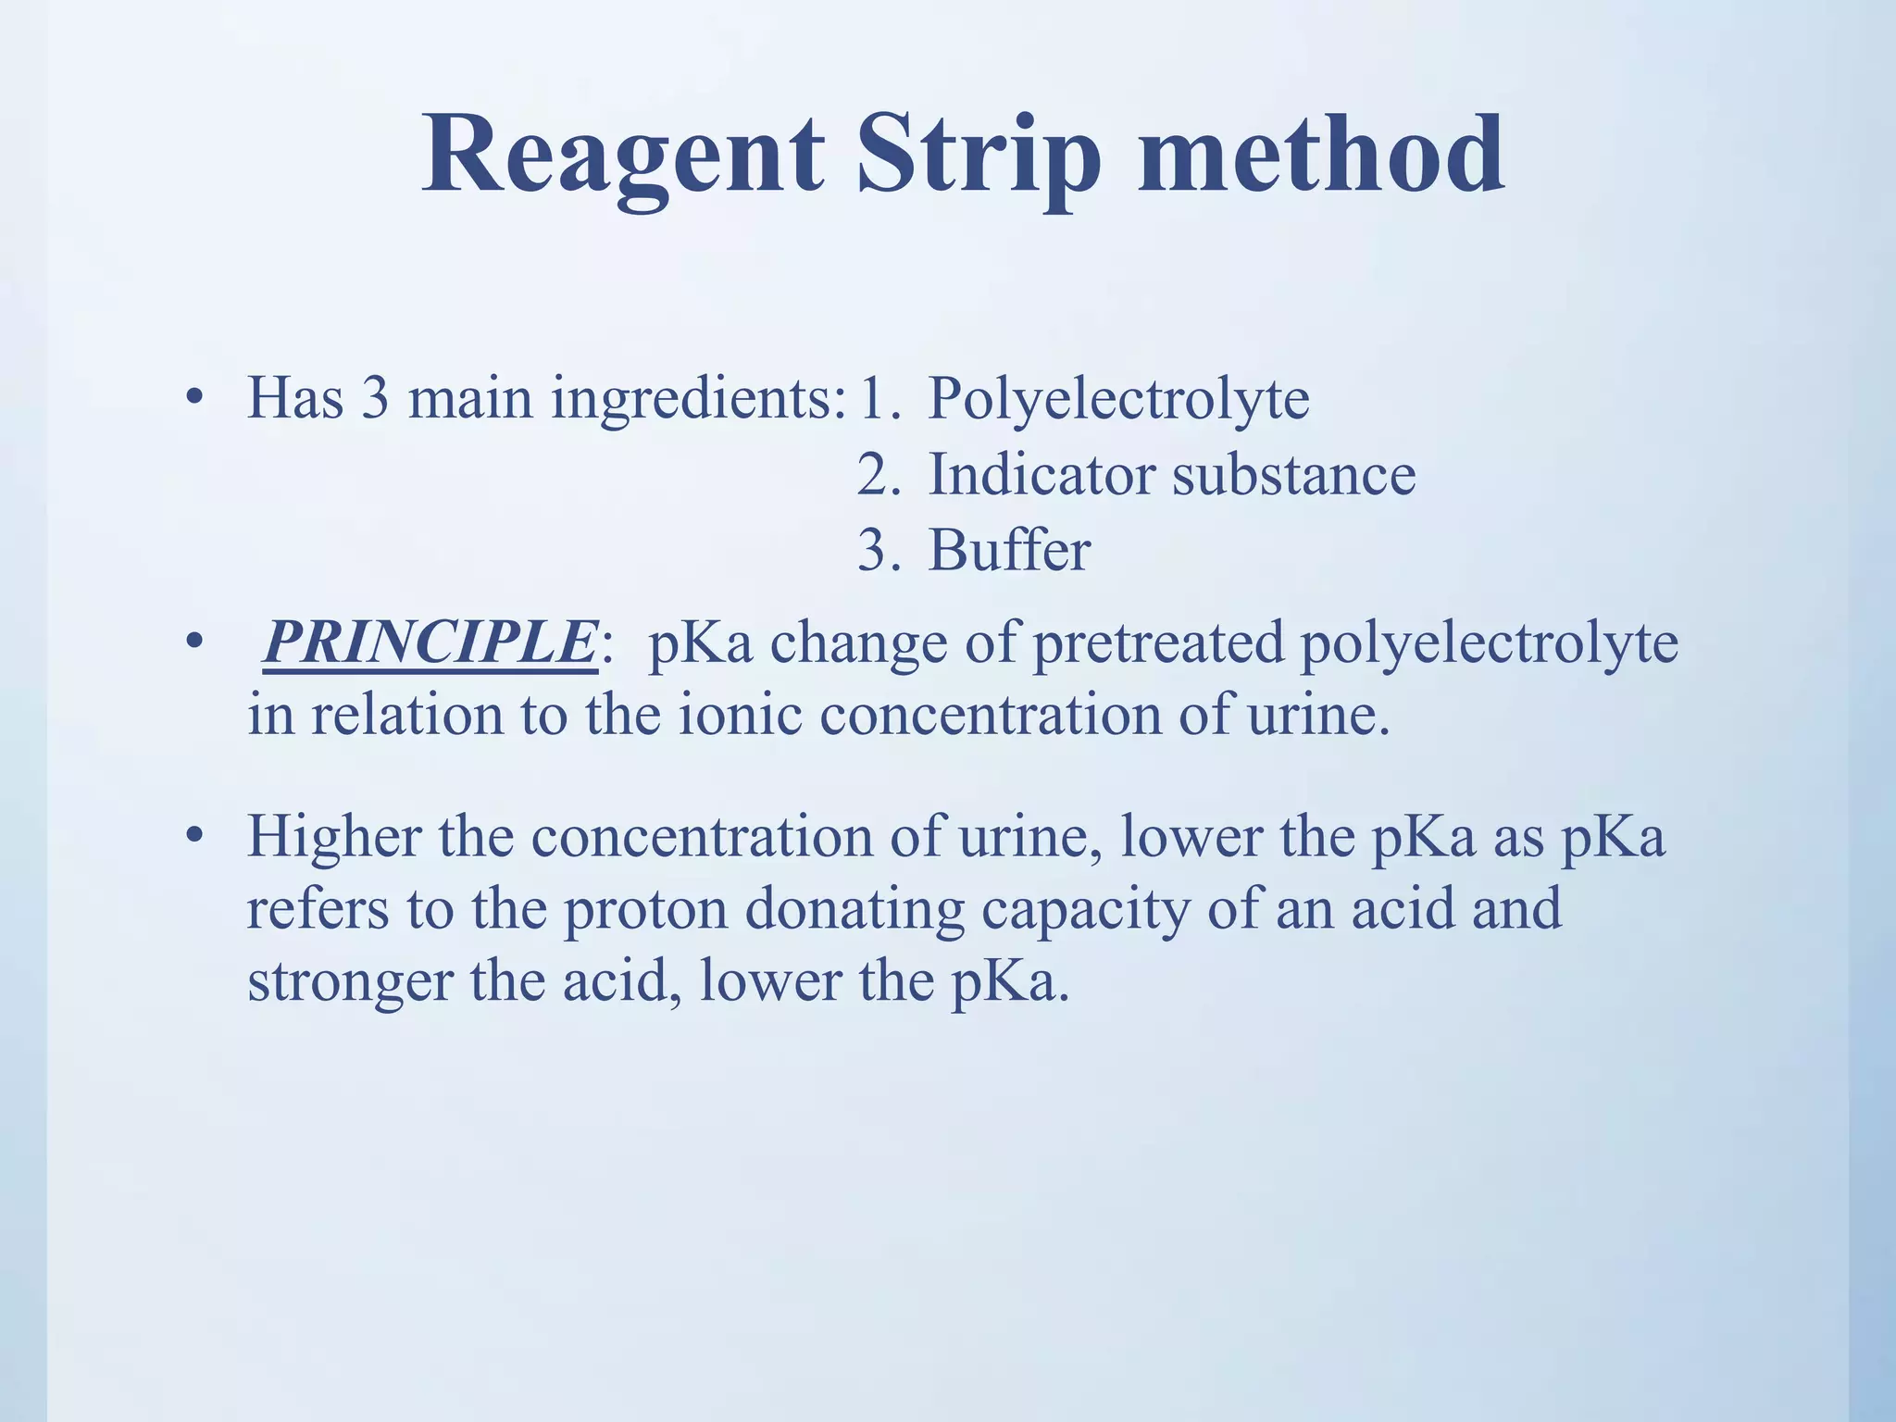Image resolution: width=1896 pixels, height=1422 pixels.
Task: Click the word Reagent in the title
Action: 622,156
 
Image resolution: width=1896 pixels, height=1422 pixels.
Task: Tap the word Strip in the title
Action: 979,156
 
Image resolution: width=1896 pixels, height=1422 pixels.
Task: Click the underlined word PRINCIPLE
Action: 430,642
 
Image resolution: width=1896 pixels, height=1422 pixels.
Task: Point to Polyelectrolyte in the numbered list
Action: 1118,399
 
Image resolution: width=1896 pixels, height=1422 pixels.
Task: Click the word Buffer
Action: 1009,550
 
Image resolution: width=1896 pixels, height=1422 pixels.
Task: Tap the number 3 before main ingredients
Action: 374,399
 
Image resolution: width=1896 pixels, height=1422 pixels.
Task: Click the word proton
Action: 645,910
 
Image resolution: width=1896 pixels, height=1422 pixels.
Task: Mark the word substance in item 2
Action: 1293,475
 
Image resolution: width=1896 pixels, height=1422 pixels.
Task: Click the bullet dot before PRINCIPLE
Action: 193,642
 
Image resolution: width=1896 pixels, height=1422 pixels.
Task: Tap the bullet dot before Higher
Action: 193,836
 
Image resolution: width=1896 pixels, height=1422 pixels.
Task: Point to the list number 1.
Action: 876,399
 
